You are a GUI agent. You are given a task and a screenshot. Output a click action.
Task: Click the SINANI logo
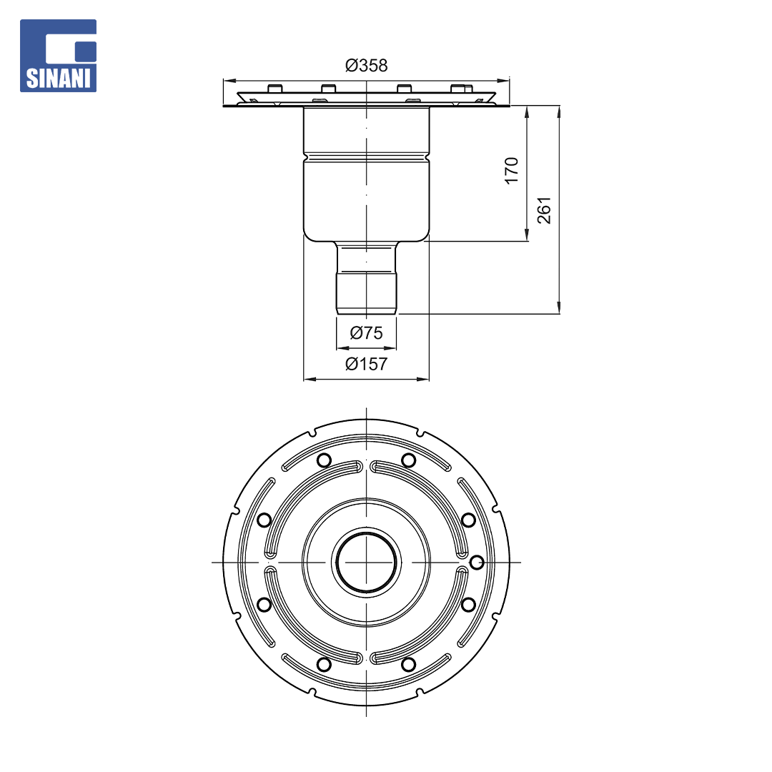pyautogui.click(x=58, y=56)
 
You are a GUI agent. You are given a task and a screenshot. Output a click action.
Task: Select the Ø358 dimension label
pyautogui.click(x=366, y=65)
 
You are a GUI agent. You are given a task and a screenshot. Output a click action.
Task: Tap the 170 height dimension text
pyautogui.click(x=512, y=170)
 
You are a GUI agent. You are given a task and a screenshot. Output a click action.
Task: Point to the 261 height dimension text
pyautogui.click(x=544, y=210)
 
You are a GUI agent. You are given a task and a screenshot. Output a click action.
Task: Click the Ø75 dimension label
pyautogui.click(x=366, y=333)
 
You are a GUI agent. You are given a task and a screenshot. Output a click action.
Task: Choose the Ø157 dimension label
pyautogui.click(x=366, y=364)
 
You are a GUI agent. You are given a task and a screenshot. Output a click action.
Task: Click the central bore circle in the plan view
pyautogui.click(x=366, y=562)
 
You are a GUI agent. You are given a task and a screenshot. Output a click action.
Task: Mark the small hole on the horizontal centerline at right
pyautogui.click(x=477, y=562)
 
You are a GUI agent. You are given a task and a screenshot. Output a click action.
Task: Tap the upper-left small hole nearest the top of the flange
pyautogui.click(x=324, y=460)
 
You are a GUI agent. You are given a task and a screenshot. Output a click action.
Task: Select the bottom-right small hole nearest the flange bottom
pyautogui.click(x=408, y=664)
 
